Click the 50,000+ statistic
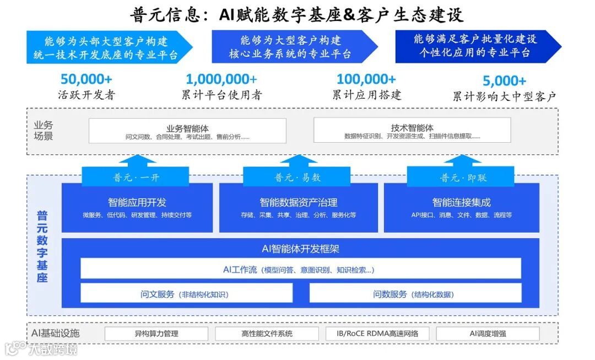(88, 80)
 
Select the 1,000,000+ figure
(221, 80)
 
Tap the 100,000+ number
(366, 80)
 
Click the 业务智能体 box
(187, 131)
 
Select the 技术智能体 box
(412, 131)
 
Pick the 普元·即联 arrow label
(463, 178)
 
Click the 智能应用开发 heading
(137, 202)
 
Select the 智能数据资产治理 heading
(298, 202)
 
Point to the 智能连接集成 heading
(461, 202)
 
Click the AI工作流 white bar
(300, 269)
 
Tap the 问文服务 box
(186, 294)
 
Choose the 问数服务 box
(415, 294)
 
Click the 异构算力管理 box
(156, 334)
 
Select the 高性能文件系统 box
(267, 334)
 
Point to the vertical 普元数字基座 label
(42, 246)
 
